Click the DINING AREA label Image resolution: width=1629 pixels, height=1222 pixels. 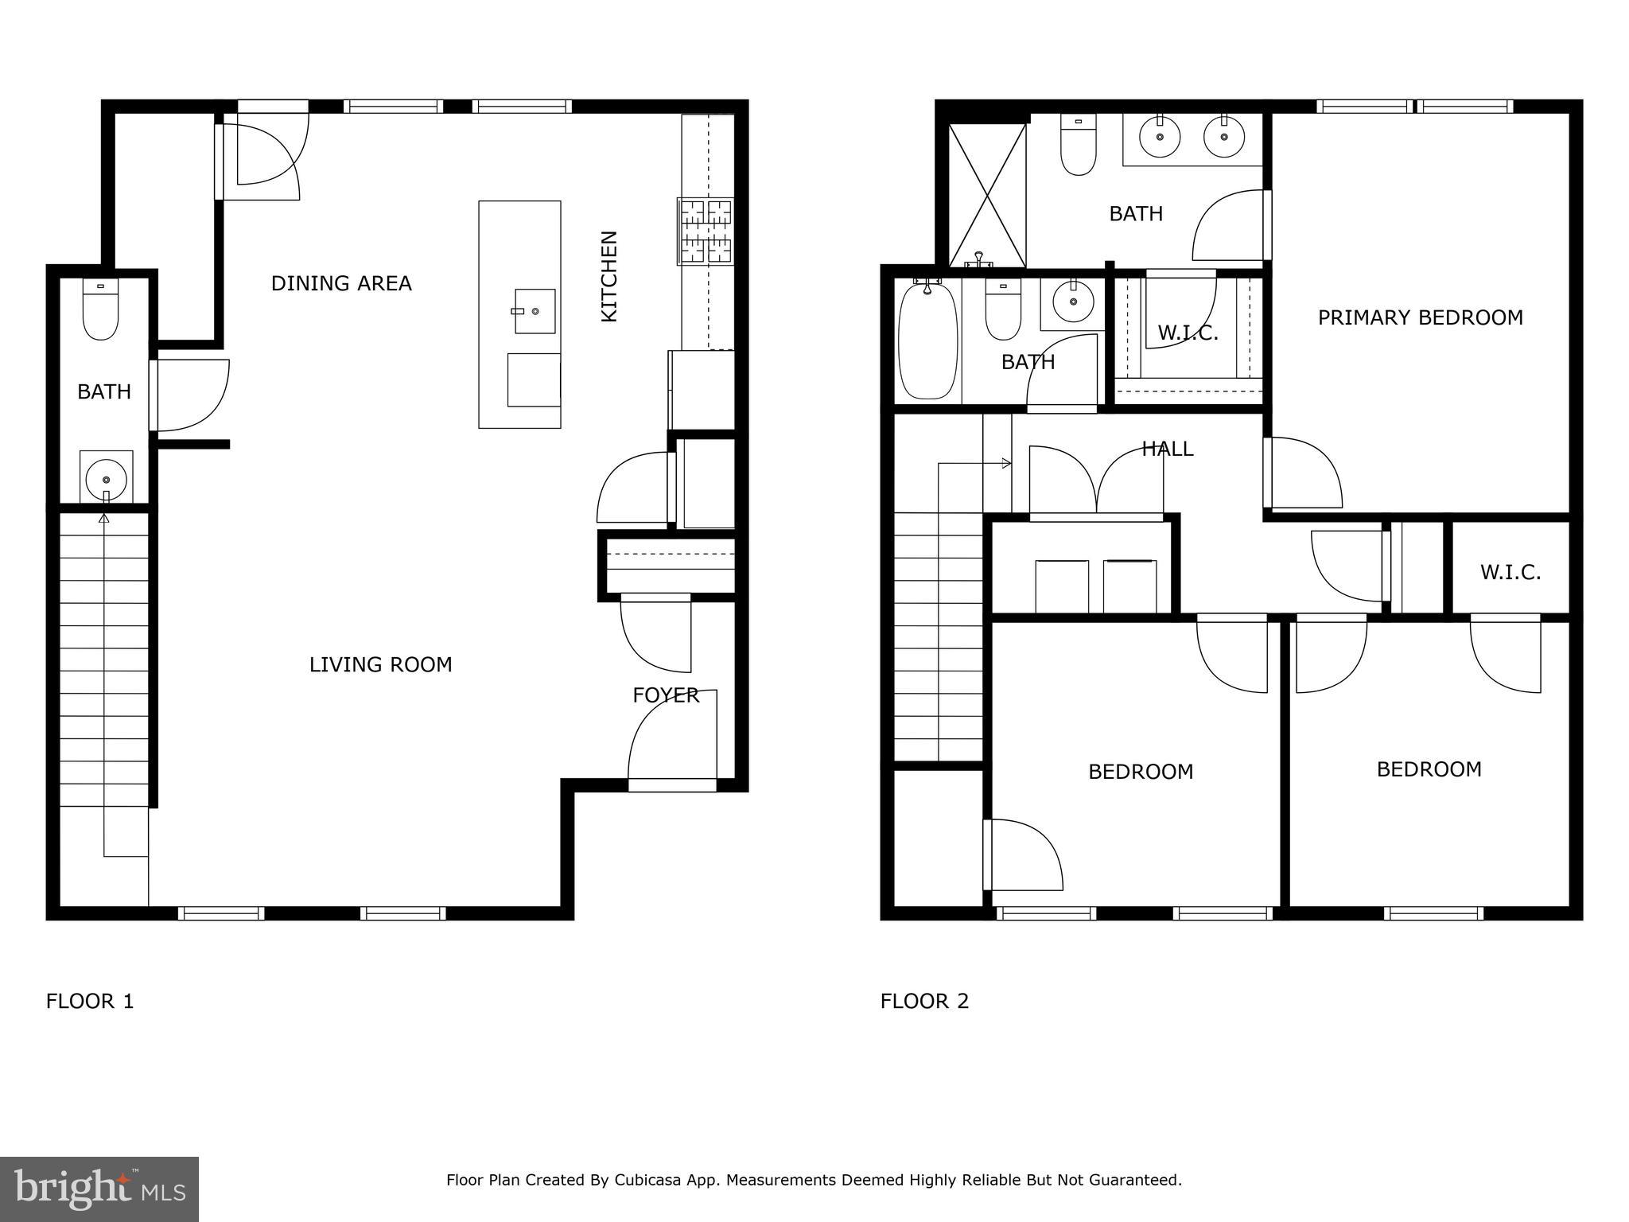[341, 283]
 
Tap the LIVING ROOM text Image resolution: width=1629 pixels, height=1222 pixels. [380, 664]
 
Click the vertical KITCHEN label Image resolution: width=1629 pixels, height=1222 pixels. [608, 276]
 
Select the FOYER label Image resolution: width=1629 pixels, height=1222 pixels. [666, 695]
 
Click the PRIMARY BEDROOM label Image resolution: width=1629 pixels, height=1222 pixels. [1420, 317]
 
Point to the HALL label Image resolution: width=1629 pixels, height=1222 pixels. [1168, 449]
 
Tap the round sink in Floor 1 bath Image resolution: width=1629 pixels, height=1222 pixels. [106, 479]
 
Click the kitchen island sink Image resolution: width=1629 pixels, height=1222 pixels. [535, 311]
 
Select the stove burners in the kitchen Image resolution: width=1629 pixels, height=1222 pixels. [706, 232]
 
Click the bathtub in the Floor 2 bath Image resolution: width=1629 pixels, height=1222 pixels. [927, 342]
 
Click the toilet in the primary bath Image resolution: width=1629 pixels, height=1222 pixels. [1079, 145]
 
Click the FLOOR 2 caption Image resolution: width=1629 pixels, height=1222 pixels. [924, 1001]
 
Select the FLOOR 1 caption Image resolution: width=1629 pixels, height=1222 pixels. [90, 1001]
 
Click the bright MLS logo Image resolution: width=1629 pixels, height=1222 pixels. [99, 1189]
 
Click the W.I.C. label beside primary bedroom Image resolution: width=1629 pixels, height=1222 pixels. [1188, 333]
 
